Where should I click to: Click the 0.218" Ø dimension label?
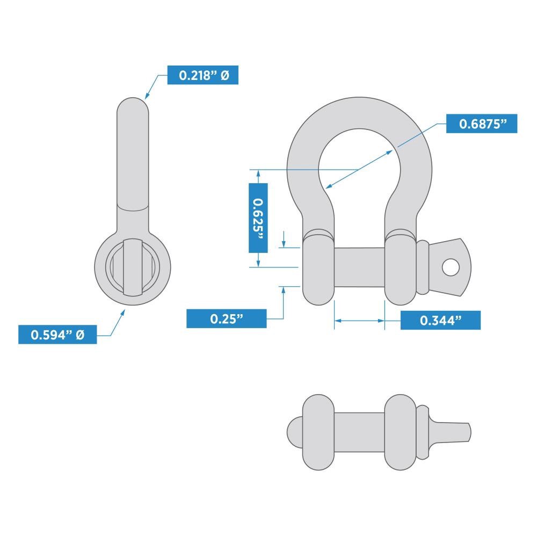coord(202,75)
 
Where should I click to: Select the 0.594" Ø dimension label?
coord(57,335)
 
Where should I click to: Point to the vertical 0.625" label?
coord(258,217)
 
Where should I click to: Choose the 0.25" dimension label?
coord(226,318)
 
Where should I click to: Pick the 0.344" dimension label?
coord(440,321)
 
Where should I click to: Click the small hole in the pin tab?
coord(451,266)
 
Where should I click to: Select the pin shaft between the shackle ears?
coord(359,267)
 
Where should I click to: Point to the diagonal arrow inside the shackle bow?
coord(359,170)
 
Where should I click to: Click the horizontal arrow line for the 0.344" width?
coord(359,321)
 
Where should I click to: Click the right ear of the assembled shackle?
coord(401,267)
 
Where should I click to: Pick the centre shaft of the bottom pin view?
coord(359,430)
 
